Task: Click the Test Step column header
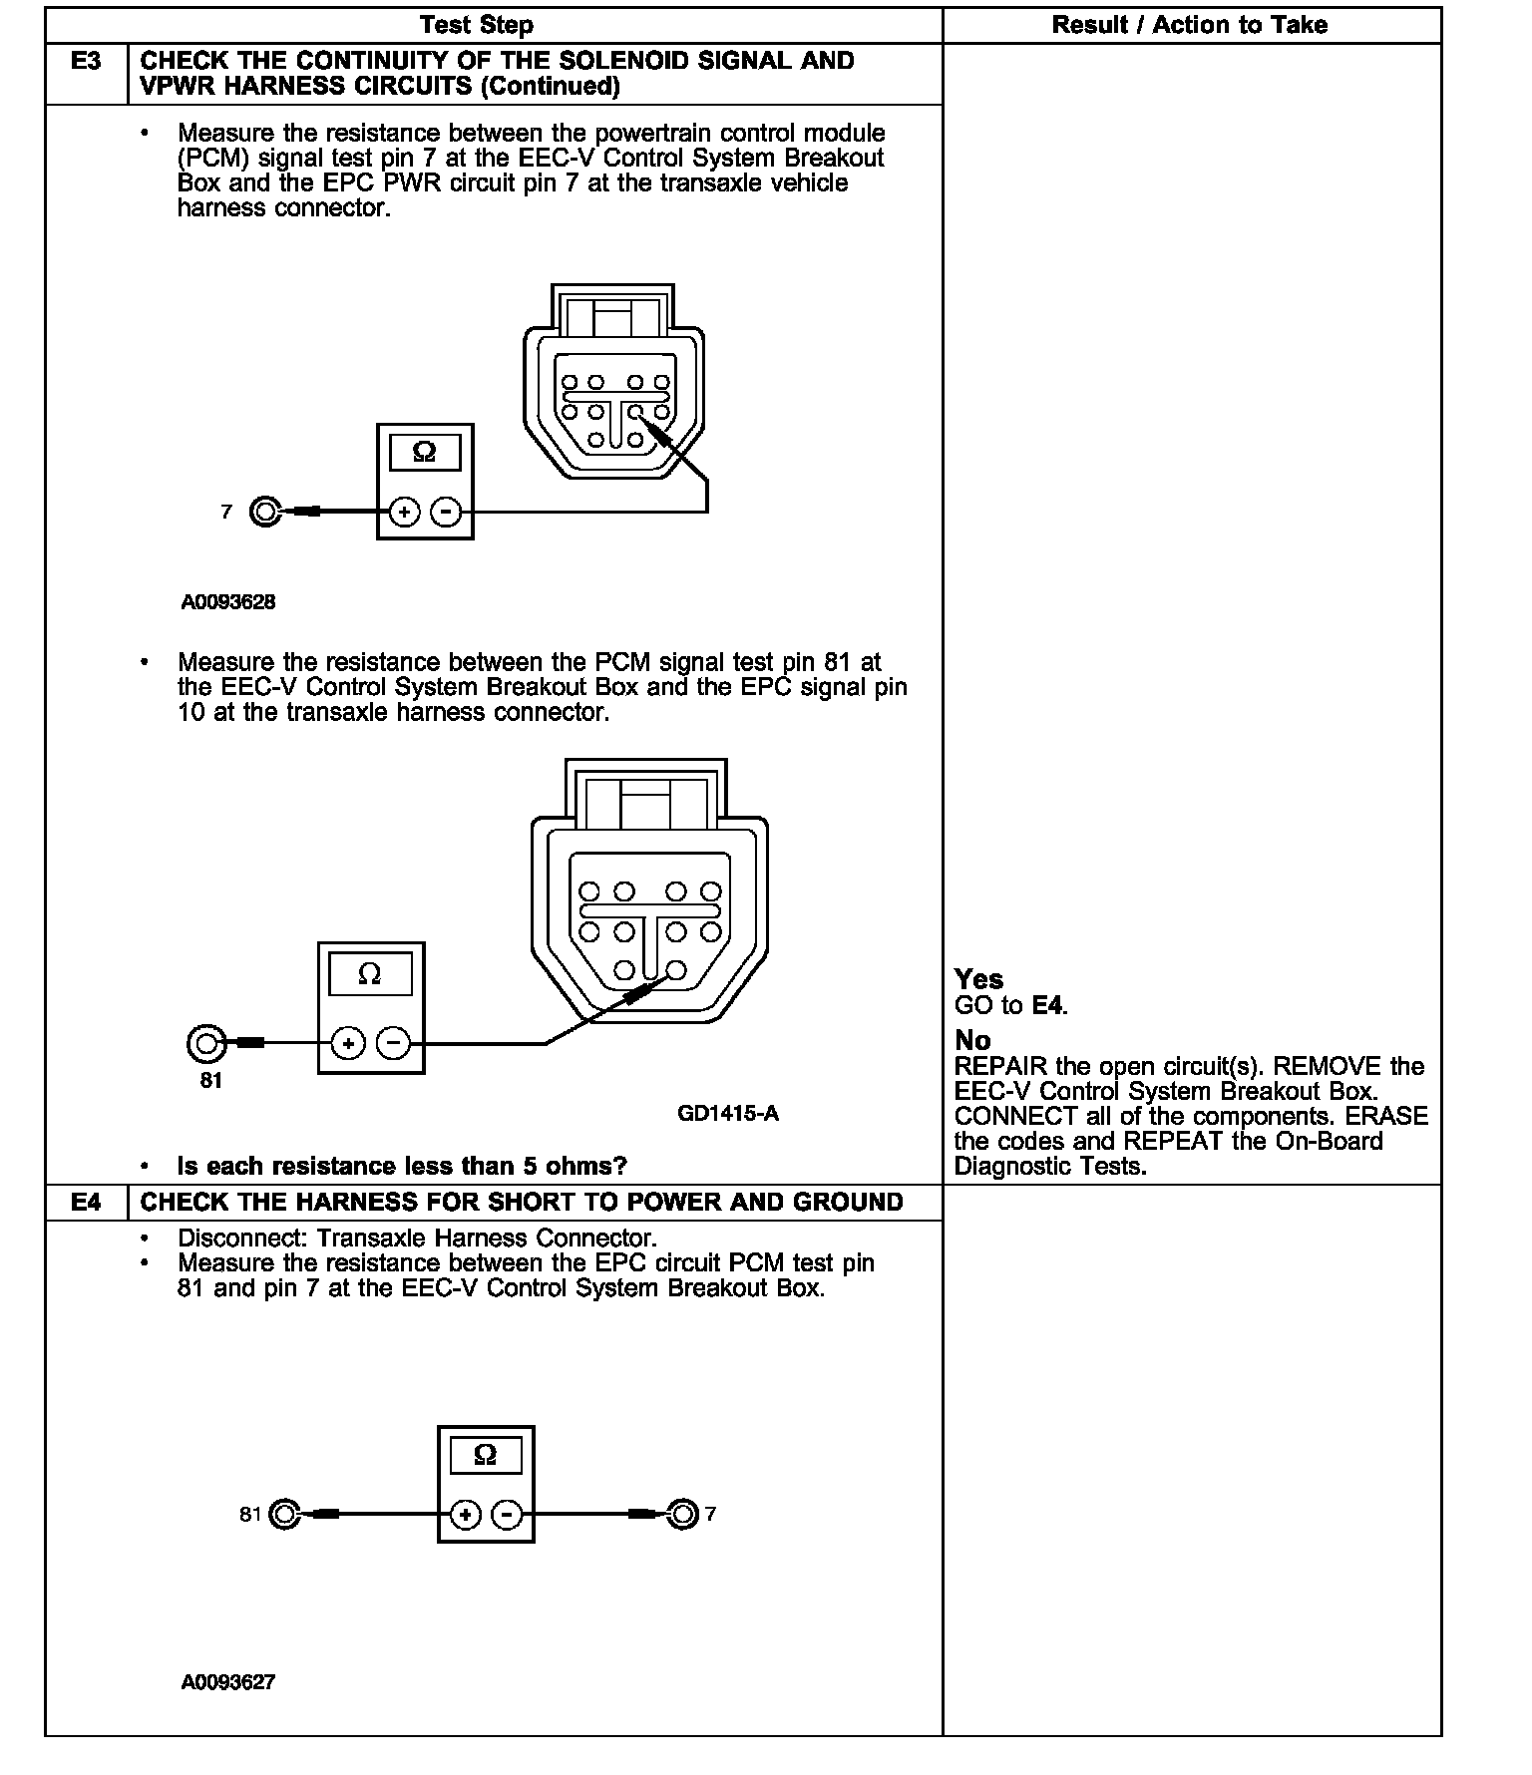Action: pos(476,25)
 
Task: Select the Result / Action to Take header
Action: pos(1189,25)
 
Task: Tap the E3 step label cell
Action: pos(87,62)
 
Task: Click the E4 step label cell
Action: pos(87,1202)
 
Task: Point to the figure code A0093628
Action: pos(228,602)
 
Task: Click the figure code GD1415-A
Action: pos(727,1114)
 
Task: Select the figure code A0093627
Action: pos(228,1682)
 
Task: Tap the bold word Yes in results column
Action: pos(978,979)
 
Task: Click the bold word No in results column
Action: pos(972,1040)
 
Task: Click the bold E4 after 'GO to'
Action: pos(1047,1005)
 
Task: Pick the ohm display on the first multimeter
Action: pos(424,453)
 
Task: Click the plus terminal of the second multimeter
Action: pos(348,1044)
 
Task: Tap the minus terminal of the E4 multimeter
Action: pos(508,1516)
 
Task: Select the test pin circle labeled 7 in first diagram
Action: pos(264,513)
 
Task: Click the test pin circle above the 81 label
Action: pos(205,1044)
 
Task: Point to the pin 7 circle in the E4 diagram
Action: pos(682,1515)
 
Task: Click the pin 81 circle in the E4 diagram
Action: pos(284,1516)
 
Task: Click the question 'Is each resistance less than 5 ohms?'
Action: pos(402,1166)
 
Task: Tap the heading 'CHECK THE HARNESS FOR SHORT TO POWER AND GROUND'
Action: pos(522,1202)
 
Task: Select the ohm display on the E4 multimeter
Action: pos(486,1456)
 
